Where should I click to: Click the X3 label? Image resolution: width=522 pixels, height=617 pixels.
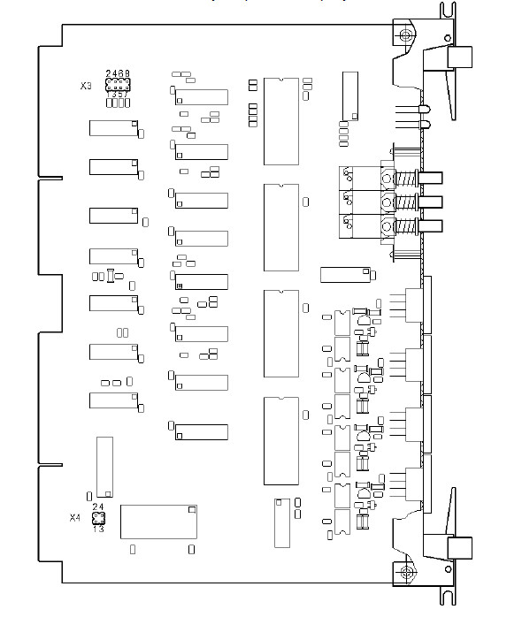click(x=86, y=86)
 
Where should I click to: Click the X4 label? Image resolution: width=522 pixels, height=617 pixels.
click(x=75, y=517)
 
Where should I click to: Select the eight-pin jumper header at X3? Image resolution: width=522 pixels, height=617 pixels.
click(x=118, y=85)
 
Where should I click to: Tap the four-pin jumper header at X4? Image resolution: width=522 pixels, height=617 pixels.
click(x=98, y=518)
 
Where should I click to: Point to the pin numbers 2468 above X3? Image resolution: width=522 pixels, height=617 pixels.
click(x=118, y=73)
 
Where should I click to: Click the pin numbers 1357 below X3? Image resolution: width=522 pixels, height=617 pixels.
click(x=118, y=95)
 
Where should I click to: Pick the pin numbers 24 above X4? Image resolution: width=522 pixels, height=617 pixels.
click(x=98, y=507)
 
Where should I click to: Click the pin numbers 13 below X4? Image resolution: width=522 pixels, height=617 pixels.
click(x=98, y=529)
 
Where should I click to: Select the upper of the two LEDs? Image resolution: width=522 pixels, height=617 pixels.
click(x=425, y=110)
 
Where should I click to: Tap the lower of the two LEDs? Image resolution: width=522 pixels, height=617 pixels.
click(x=425, y=125)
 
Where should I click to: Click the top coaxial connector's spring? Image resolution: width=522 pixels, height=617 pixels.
click(x=405, y=179)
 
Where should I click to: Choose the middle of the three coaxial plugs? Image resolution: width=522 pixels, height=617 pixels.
click(x=430, y=202)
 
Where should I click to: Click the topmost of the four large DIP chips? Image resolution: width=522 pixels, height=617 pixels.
click(x=281, y=121)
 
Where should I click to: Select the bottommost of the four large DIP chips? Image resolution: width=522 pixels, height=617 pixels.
click(x=281, y=441)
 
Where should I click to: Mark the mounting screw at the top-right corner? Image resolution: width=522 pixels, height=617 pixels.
click(x=405, y=35)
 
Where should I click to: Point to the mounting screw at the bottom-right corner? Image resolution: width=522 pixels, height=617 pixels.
click(x=405, y=571)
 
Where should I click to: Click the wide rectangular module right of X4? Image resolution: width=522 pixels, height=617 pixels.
click(x=158, y=522)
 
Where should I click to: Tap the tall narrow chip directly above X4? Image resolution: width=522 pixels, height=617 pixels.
click(x=104, y=467)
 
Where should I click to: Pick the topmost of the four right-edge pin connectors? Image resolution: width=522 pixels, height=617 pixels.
click(x=418, y=305)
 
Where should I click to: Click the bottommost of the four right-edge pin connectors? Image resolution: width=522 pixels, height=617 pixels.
click(x=418, y=484)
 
